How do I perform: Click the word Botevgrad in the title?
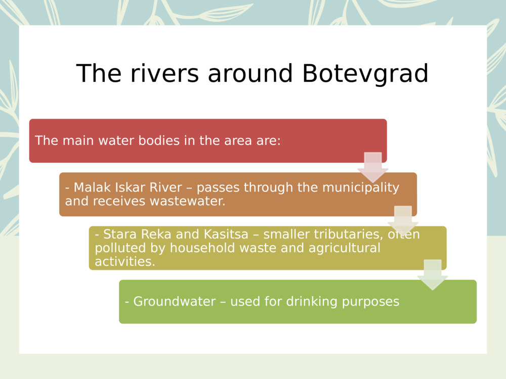click(x=365, y=74)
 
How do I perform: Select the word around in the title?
click(x=250, y=74)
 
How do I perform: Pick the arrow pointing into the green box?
click(x=433, y=274)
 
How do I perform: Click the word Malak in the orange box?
click(x=90, y=187)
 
